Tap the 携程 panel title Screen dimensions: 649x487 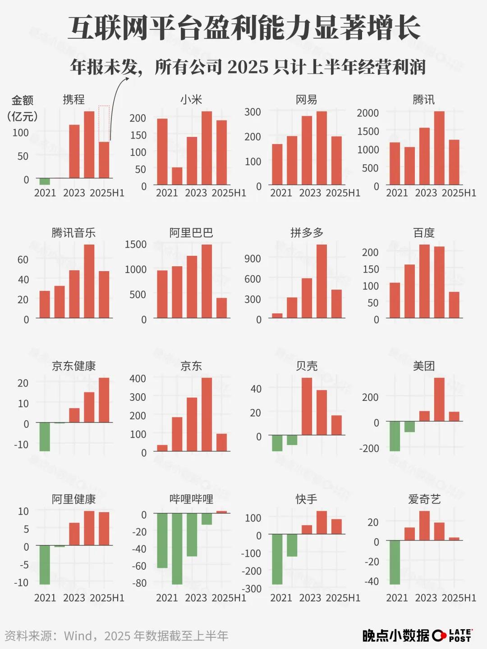[74, 99]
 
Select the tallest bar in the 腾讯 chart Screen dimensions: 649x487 [439, 148]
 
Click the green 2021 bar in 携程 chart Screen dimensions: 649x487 [45, 182]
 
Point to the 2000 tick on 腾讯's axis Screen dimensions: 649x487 [368, 113]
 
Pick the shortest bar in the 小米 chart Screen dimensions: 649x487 [177, 176]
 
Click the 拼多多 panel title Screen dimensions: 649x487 [307, 233]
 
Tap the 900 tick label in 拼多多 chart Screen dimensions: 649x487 [253, 259]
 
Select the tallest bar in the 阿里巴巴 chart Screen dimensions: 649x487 [207, 281]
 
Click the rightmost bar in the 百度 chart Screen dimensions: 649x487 [454, 305]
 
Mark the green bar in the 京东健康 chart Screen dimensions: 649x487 [45, 436]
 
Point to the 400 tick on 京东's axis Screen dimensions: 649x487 [138, 379]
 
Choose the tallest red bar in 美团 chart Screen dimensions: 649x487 [439, 399]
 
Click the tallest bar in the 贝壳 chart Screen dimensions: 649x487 [307, 406]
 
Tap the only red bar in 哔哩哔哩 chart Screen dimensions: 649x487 [221, 512]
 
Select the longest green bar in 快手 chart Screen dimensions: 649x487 [277, 559]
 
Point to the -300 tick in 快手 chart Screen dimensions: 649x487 [252, 589]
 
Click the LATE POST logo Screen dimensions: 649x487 [453, 635]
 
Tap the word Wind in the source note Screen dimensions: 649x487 [78, 636]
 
